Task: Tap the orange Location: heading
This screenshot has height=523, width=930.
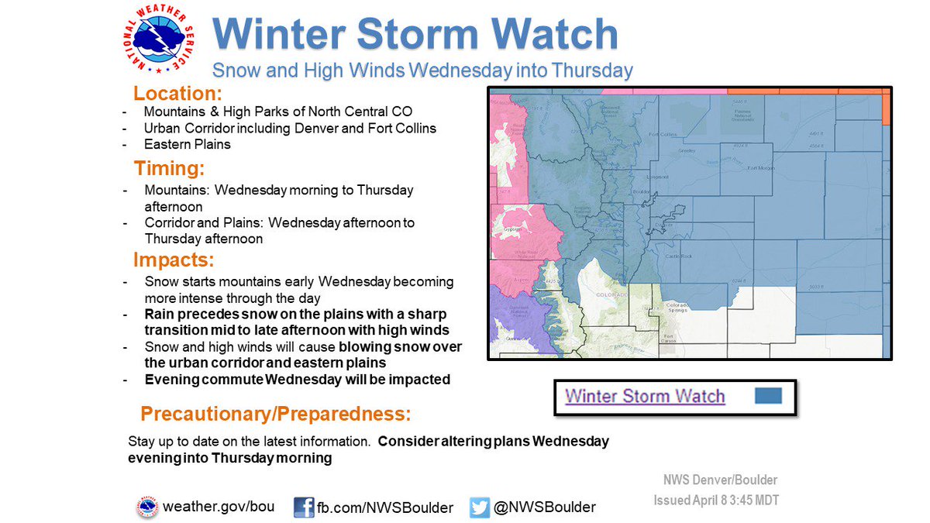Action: (x=177, y=94)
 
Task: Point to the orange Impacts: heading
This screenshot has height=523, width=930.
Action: (x=174, y=259)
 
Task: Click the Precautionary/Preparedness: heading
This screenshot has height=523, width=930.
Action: (x=275, y=411)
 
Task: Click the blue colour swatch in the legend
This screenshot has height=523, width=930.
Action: (x=767, y=397)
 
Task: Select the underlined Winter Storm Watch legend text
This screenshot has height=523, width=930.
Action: (x=645, y=397)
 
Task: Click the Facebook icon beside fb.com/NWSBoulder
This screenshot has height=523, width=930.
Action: (x=304, y=508)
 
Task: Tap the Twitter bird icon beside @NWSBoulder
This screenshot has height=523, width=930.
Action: (x=480, y=508)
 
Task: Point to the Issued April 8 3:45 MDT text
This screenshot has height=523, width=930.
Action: (x=715, y=500)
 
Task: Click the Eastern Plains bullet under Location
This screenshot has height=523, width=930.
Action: (x=188, y=144)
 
